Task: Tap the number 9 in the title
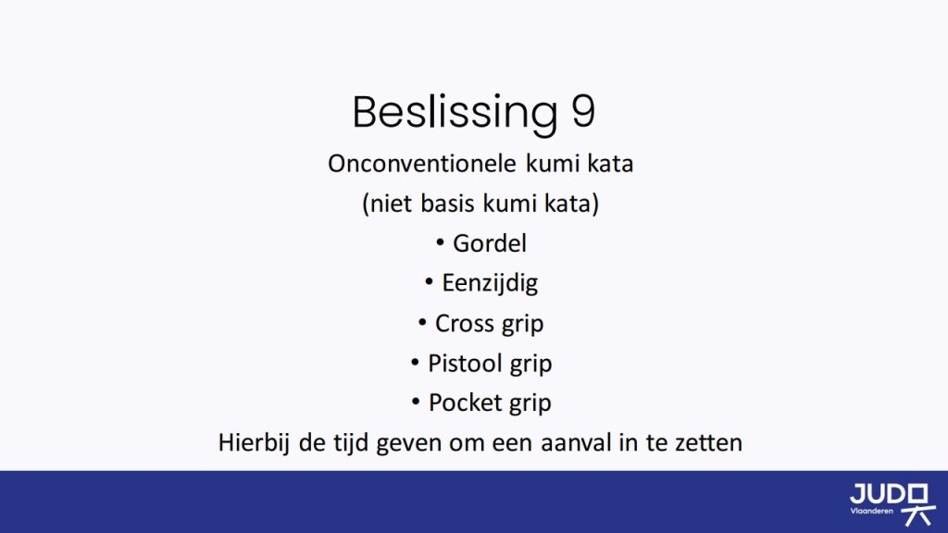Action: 583,111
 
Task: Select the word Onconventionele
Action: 422,164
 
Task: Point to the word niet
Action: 391,203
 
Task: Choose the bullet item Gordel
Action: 490,243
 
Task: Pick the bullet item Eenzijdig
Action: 490,283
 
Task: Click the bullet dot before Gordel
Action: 440,243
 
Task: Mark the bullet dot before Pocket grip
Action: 416,402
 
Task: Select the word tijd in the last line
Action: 351,443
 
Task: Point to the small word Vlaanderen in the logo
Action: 871,511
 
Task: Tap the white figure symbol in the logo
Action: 918,504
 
